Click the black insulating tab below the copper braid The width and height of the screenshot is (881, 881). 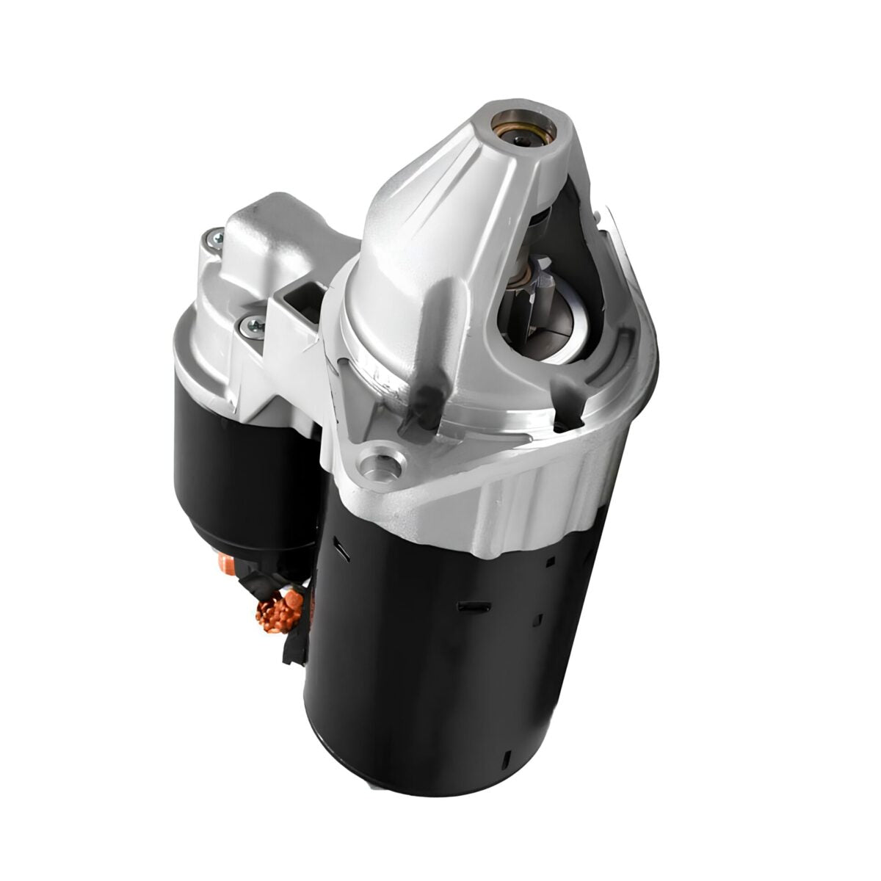click(294, 646)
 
